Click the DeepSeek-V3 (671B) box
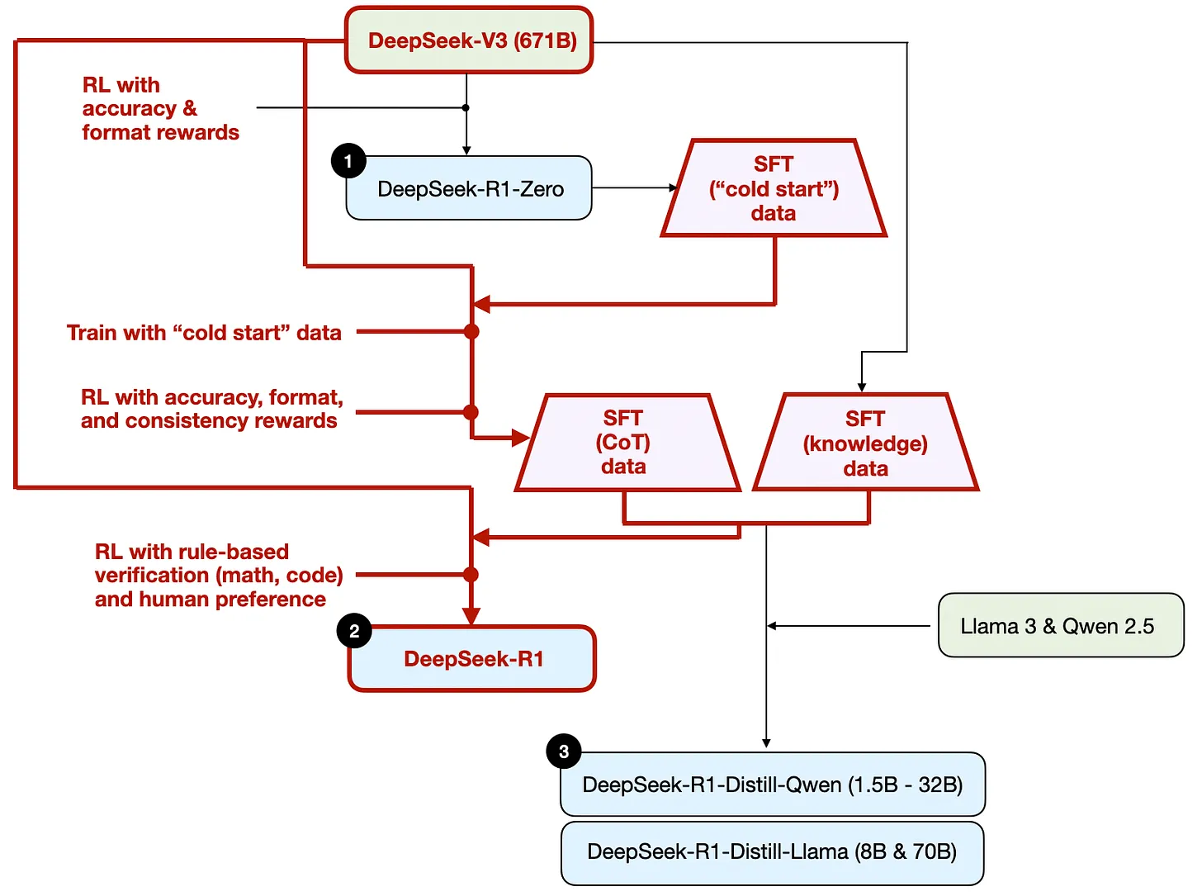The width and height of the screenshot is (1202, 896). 469,40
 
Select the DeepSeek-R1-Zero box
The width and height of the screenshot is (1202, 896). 469,189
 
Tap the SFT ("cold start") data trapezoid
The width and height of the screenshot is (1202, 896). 774,189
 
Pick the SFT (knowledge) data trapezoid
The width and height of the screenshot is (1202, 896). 865,443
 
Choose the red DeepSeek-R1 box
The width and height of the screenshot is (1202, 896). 472,659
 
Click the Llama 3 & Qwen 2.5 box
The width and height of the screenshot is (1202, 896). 1060,626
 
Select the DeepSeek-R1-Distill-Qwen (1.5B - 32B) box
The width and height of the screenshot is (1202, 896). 773,785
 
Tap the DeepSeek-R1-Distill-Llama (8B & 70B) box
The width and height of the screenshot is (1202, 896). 773,852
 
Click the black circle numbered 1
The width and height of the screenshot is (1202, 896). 348,161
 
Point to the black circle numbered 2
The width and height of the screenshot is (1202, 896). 354,632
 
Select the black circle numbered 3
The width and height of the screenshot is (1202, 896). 564,751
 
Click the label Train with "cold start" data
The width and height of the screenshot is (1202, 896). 204,333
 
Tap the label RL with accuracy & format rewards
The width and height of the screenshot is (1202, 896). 159,109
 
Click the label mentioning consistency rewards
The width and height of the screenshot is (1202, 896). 211,410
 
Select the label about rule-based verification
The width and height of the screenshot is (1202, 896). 218,576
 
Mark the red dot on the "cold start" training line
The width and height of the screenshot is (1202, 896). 471,332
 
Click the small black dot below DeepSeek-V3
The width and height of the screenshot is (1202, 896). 466,108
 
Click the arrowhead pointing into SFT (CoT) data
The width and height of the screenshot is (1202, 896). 521,438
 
